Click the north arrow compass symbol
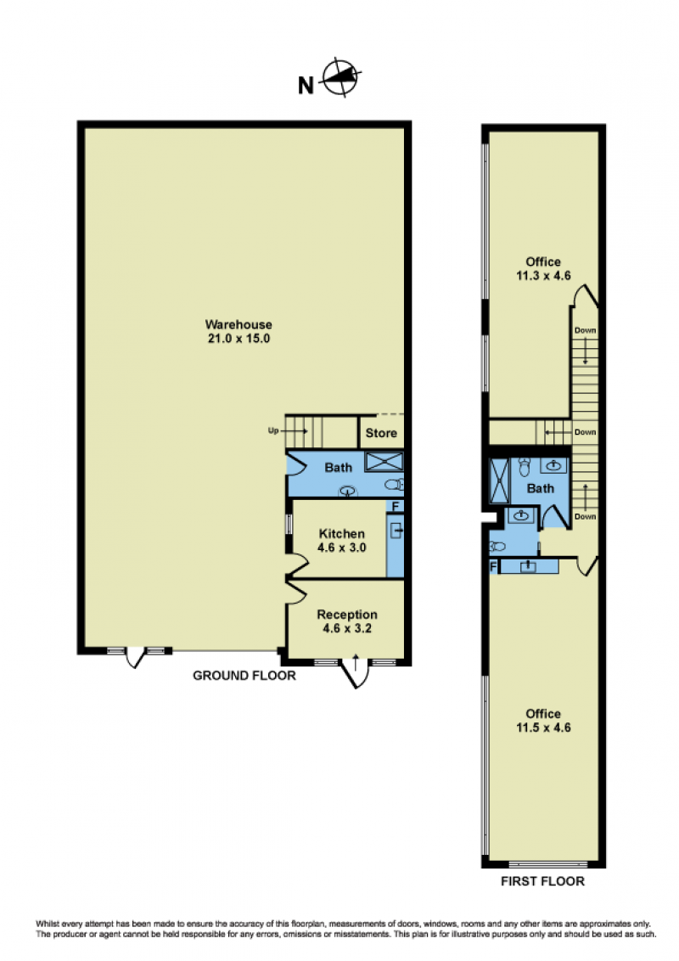pos(341,77)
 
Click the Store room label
pos(381,433)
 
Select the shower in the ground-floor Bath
pos(384,462)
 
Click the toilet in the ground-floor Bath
pos(395,485)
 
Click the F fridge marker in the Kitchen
pos(396,507)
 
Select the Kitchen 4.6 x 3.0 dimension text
pos(342,548)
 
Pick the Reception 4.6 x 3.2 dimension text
pos(347,628)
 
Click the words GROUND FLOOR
pos(244,676)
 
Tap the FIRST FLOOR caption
pos(542,881)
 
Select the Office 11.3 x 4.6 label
pos(543,268)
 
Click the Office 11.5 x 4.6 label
pos(543,721)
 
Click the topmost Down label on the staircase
pos(586,330)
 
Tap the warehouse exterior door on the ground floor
pos(136,658)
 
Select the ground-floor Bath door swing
pos(296,464)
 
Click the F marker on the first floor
pos(493,568)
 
